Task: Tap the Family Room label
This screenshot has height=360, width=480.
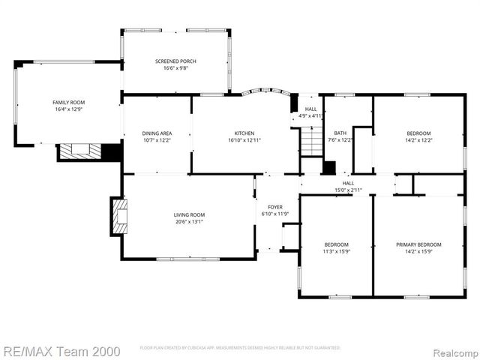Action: [68, 102]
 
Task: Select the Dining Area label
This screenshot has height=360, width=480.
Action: [157, 133]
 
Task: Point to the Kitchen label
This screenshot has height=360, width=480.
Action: [244, 133]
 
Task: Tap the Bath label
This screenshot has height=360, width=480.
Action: [340, 133]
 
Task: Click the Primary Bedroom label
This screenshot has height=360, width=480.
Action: [418, 244]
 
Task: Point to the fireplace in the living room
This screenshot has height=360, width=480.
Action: [118, 216]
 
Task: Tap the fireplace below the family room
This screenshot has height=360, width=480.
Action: [79, 150]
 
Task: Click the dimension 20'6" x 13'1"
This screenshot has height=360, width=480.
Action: [189, 221]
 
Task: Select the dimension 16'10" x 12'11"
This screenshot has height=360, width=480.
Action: [244, 140]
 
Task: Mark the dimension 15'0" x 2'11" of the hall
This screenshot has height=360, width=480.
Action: [348, 190]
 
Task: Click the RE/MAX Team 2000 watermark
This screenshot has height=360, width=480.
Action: [55, 349]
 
